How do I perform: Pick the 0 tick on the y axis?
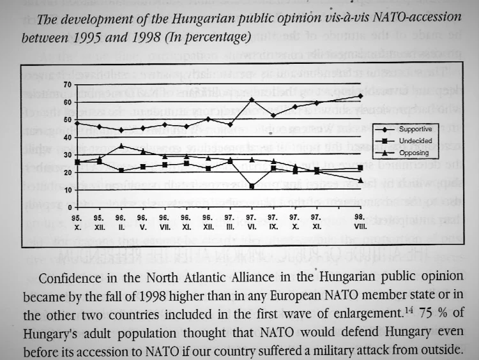tap(70, 207)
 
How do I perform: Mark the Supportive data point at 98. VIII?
tap(361, 96)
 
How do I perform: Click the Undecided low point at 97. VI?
tap(252, 186)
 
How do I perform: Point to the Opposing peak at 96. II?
tap(121, 146)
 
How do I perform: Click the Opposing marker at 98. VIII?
tap(361, 181)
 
